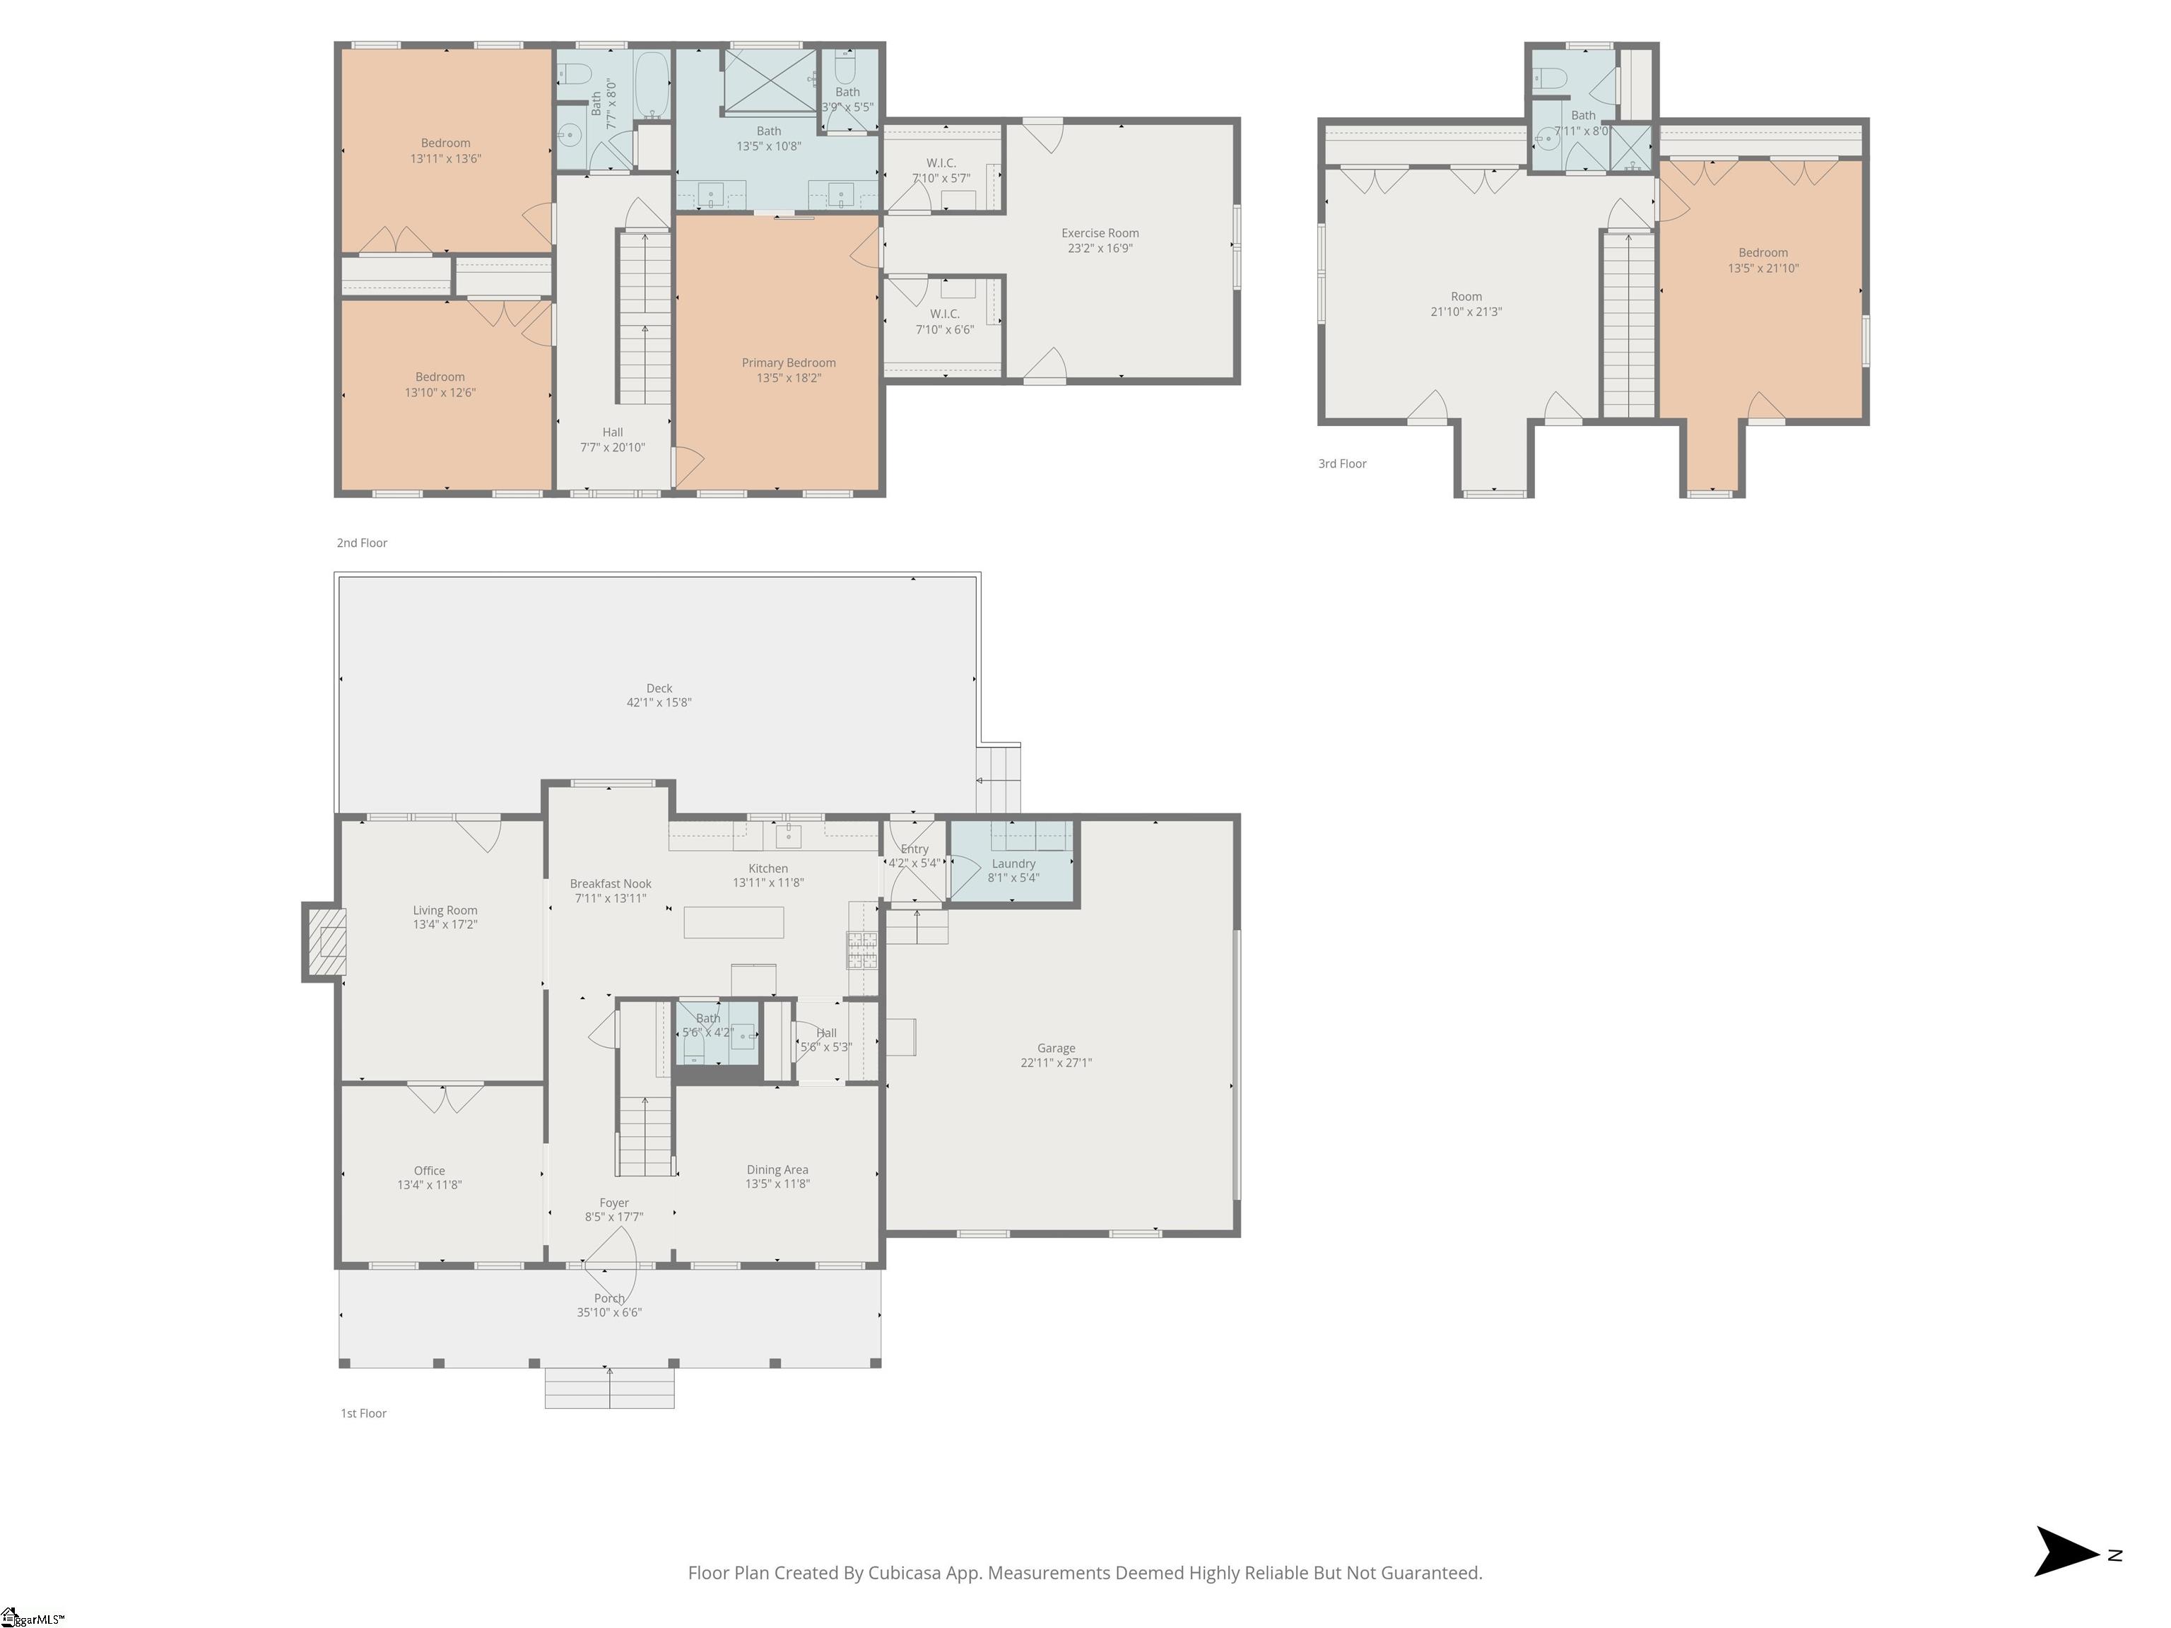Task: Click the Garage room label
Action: pyautogui.click(x=1056, y=1048)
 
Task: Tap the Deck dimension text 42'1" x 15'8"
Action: pyautogui.click(x=659, y=702)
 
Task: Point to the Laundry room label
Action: pyautogui.click(x=1013, y=863)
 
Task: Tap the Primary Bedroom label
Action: pyautogui.click(x=788, y=363)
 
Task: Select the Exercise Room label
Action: pyautogui.click(x=1099, y=234)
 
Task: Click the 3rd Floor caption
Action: pyautogui.click(x=1341, y=464)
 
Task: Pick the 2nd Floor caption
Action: pyautogui.click(x=362, y=543)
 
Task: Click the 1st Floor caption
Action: pyautogui.click(x=363, y=1413)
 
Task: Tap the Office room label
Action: pyautogui.click(x=429, y=1171)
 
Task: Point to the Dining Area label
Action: pyautogui.click(x=777, y=1169)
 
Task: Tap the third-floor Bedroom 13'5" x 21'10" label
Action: pyautogui.click(x=1763, y=260)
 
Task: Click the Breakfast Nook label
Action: pyautogui.click(x=611, y=884)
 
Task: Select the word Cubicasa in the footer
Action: pyautogui.click(x=905, y=1573)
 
